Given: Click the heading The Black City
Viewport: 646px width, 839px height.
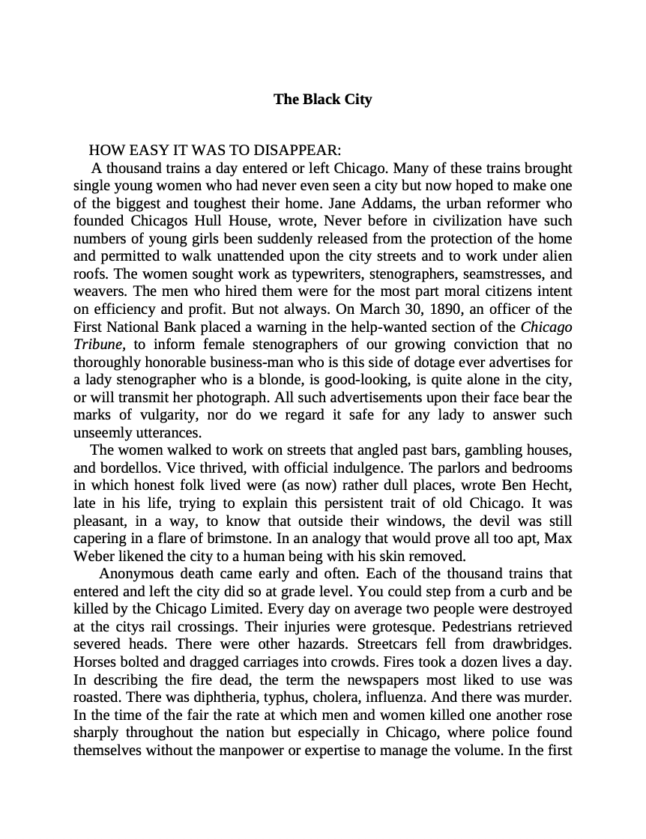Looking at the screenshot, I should [x=322, y=100].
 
